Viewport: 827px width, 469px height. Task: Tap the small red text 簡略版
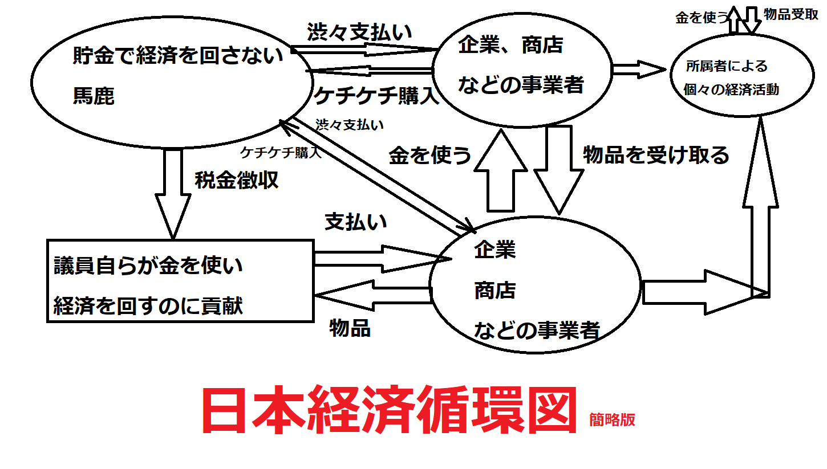613,420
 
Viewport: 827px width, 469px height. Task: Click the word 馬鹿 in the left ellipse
94,95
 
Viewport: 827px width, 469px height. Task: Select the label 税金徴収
236,181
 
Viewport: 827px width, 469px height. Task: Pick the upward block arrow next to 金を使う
501,171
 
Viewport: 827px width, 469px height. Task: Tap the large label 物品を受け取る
656,155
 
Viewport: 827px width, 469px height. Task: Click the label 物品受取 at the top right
790,15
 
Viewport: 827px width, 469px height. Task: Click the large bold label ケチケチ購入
376,96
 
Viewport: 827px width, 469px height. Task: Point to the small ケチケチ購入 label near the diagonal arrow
281,152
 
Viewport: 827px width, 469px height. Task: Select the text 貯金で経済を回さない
178,56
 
